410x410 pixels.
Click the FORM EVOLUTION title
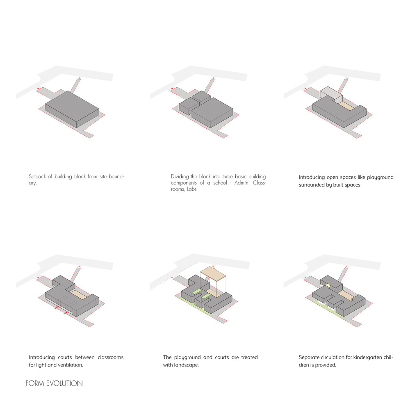pyautogui.click(x=54, y=383)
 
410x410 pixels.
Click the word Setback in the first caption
pyautogui.click(x=37, y=176)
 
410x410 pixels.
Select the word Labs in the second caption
pyautogui.click(x=191, y=189)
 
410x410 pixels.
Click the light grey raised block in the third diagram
pyautogui.click(x=331, y=93)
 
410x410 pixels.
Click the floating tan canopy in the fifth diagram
pyautogui.click(x=213, y=273)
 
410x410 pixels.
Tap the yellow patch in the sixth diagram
pyautogui.click(x=328, y=286)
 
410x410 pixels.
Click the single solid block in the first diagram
pyautogui.click(x=72, y=109)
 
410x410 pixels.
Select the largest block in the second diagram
pyautogui.click(x=212, y=112)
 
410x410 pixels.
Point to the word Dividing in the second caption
pyautogui.click(x=180, y=176)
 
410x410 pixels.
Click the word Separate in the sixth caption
pyautogui.click(x=309, y=358)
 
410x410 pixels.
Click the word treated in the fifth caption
pyautogui.click(x=249, y=358)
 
